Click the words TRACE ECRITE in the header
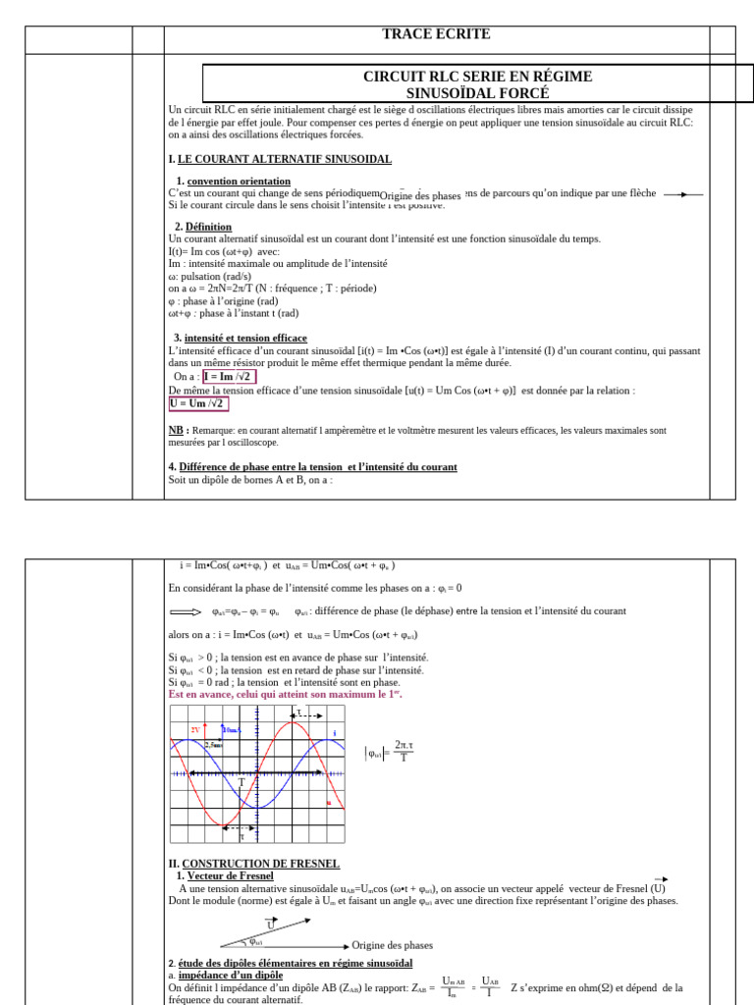[435, 35]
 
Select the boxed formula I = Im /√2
[229, 376]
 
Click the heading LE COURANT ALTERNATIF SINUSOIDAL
[284, 159]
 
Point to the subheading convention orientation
[239, 181]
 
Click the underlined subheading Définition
[208, 227]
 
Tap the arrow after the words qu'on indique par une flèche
[683, 194]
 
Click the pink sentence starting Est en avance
[286, 694]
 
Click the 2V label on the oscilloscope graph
[195, 730]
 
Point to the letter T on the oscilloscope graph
[242, 782]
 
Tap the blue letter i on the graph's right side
[334, 732]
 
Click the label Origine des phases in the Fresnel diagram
[392, 945]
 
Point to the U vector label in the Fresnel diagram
[271, 925]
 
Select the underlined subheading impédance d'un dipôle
[229, 975]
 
